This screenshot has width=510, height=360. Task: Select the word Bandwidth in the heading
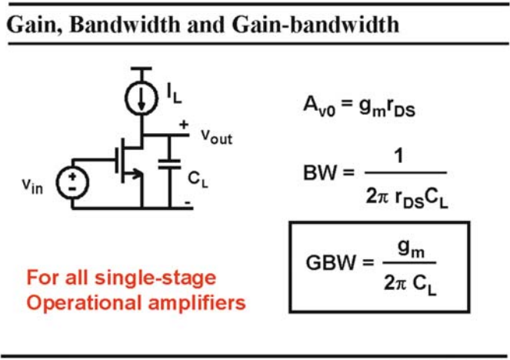(125, 25)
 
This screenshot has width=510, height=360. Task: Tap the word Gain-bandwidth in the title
(316, 25)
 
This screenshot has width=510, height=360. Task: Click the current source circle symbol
(142, 98)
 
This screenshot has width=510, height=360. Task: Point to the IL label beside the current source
(174, 94)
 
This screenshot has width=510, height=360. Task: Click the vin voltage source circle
(72, 182)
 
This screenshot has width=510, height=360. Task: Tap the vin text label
(32, 186)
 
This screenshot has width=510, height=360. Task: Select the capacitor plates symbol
(169, 164)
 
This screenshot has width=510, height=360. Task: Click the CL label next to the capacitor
(198, 179)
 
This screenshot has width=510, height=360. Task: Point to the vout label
(217, 136)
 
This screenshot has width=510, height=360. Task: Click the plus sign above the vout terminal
(184, 125)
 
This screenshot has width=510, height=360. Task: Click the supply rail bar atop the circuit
(142, 68)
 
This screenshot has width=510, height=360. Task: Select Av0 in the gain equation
(319, 106)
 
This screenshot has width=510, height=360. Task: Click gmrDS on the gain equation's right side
(388, 107)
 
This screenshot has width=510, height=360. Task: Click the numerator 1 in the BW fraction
(398, 156)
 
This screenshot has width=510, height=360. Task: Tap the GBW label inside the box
(331, 262)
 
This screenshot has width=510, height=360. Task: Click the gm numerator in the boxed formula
(411, 249)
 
